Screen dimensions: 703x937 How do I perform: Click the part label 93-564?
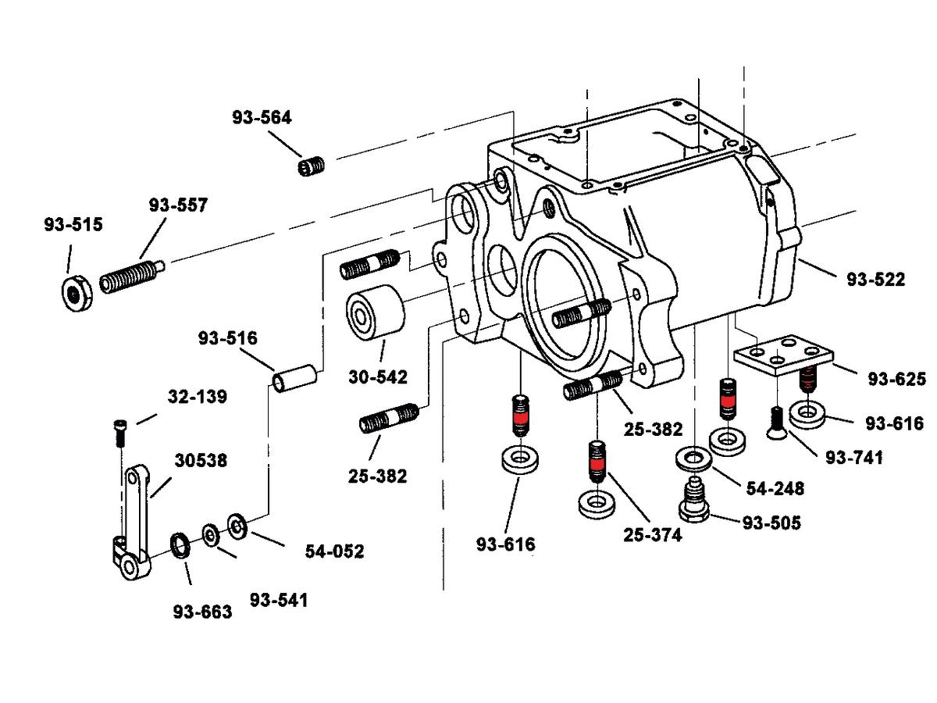tap(262, 118)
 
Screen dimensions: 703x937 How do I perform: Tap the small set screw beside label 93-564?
tap(312, 166)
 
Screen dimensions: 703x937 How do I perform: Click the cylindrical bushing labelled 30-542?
tap(374, 315)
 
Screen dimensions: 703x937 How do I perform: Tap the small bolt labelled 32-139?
tap(119, 432)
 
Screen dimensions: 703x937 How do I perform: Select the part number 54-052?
tap(334, 551)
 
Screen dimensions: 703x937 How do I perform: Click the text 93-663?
tap(203, 612)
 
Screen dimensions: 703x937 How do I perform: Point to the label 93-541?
tap(279, 600)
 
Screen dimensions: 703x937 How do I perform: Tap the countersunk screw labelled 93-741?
tap(777, 423)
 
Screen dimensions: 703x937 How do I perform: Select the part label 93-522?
tap(876, 280)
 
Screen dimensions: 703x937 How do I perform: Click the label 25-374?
tap(653, 535)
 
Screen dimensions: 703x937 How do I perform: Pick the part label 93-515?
tap(73, 225)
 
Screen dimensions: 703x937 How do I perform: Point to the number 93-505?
tap(771, 523)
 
